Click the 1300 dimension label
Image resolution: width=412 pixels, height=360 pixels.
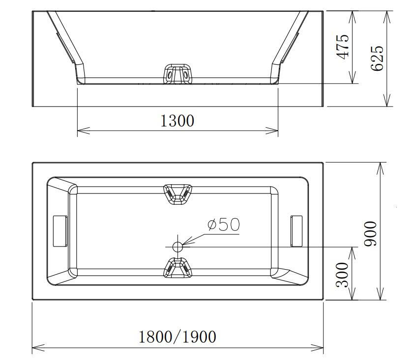(x=177, y=121)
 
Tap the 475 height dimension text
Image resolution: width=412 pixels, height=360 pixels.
(x=343, y=47)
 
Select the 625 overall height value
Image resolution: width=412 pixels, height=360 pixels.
(x=377, y=58)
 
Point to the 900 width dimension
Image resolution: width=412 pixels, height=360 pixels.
(x=370, y=233)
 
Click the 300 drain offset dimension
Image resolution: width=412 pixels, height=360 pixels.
(x=342, y=275)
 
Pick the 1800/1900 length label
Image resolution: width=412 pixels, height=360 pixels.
(x=177, y=337)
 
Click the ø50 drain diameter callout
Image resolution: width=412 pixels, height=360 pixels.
(x=224, y=225)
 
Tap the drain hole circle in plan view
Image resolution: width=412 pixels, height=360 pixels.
(x=177, y=247)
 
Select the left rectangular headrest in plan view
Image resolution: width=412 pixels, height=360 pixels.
(x=60, y=231)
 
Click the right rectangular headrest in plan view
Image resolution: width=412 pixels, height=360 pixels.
(x=296, y=231)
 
